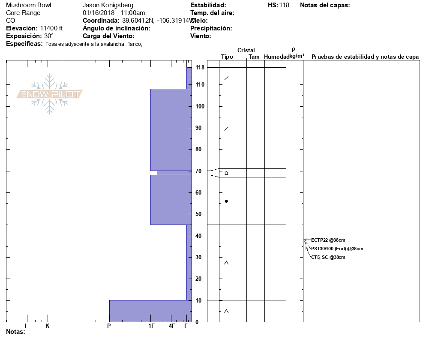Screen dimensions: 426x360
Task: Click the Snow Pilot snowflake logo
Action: pos(49,94)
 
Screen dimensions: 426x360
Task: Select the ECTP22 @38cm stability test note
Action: pos(328,240)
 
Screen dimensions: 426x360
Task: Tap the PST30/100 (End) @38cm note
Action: pos(337,249)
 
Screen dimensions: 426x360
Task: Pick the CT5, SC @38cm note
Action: pos(328,257)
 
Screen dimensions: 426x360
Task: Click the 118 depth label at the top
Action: pos(200,67)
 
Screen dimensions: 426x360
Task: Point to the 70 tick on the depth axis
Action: pos(198,171)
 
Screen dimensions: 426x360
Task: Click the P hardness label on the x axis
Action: pos(109,326)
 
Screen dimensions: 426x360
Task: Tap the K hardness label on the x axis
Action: pos(47,326)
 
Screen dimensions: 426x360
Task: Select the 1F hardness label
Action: pos(151,326)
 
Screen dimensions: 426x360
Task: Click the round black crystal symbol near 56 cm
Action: pos(226,201)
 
